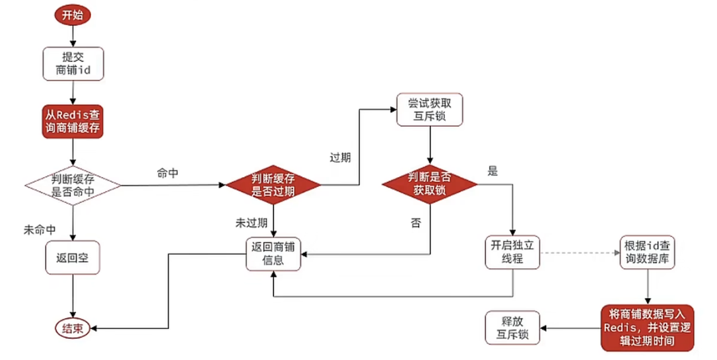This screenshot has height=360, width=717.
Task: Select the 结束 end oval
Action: (73, 329)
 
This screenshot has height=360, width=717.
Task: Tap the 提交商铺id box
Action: (73, 63)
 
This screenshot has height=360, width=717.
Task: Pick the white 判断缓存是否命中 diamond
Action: (73, 184)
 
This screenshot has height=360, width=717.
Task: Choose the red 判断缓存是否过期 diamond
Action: (273, 185)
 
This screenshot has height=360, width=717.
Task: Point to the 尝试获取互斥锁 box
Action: (429, 108)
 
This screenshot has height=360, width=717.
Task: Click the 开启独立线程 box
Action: (512, 252)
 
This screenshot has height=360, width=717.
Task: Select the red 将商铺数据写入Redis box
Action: (648, 328)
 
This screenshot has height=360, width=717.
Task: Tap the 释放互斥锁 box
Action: (512, 328)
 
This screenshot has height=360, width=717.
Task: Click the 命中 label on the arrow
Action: (168, 173)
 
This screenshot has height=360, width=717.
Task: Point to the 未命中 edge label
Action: (40, 230)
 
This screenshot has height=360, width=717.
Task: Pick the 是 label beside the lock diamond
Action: (492, 171)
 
